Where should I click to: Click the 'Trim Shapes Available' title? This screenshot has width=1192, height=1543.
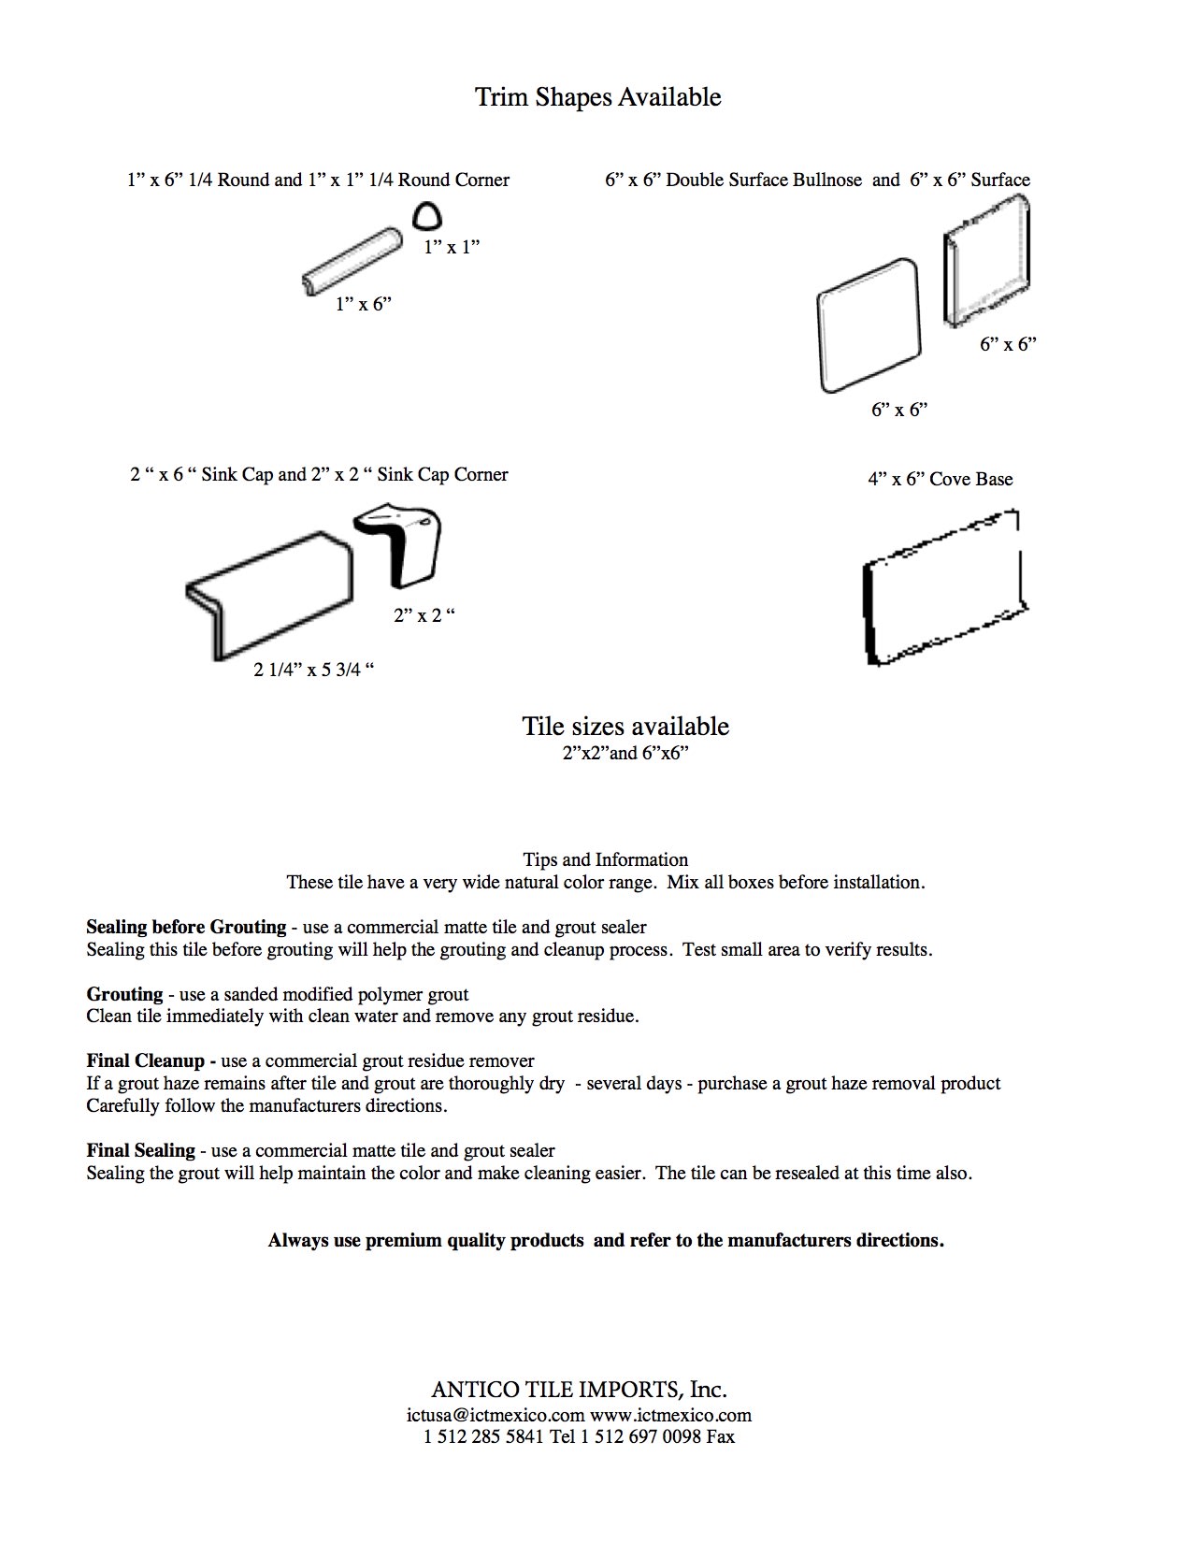point(598,97)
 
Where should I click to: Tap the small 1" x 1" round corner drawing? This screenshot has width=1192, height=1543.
point(427,217)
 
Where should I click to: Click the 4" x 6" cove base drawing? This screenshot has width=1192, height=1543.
point(943,587)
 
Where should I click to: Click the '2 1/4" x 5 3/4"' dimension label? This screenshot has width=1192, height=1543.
point(314,670)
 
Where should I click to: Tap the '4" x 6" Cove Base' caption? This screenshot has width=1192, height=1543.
point(940,479)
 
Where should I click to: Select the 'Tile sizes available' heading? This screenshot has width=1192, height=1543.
point(625,727)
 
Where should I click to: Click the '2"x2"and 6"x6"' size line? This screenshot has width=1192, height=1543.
point(625,753)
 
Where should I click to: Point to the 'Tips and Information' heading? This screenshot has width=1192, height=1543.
point(605,859)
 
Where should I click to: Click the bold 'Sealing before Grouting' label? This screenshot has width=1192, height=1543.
point(186,927)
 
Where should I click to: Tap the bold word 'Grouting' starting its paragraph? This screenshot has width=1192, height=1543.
point(124,994)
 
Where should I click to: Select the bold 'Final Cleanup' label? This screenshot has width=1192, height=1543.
point(151,1060)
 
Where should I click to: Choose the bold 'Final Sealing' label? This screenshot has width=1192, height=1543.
point(140,1150)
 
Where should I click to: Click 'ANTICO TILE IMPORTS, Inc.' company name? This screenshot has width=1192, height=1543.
point(579,1389)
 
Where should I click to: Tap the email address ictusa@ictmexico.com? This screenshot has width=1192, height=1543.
point(495,1415)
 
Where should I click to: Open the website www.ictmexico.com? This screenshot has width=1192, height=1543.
point(670,1415)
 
